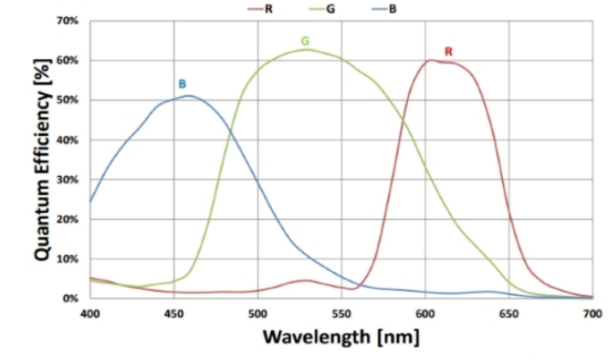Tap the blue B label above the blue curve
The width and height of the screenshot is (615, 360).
pyautogui.click(x=181, y=84)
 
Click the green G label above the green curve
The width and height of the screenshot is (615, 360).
pyautogui.click(x=305, y=41)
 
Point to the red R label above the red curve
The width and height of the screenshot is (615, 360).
pyautogui.click(x=448, y=52)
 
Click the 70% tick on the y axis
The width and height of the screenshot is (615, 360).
pyautogui.click(x=68, y=21)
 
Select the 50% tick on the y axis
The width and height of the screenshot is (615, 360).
pyautogui.click(x=68, y=100)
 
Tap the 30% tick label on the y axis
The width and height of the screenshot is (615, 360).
pyautogui.click(x=68, y=180)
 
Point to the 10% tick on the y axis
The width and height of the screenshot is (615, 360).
pyautogui.click(x=68, y=259)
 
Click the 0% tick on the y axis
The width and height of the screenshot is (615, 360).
pyautogui.click(x=70, y=298)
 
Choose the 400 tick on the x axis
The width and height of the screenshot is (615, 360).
pyautogui.click(x=90, y=314)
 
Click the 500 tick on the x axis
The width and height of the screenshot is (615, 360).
pyautogui.click(x=257, y=314)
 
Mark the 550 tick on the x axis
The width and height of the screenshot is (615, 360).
pyautogui.click(x=341, y=314)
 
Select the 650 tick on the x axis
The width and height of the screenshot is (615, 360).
pyautogui.click(x=509, y=314)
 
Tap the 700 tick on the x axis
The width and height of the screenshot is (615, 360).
pyautogui.click(x=592, y=314)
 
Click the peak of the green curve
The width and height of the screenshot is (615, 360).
pyautogui.click(x=306, y=50)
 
